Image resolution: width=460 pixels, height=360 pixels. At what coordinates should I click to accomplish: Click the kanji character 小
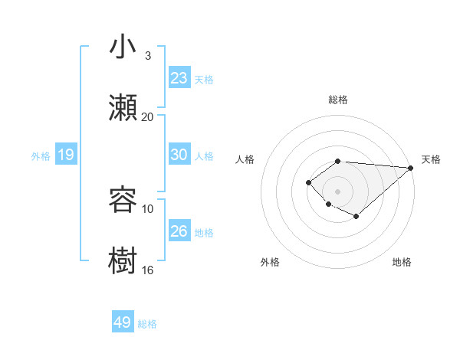click(123, 47)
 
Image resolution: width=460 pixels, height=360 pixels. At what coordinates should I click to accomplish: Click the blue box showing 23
click(179, 78)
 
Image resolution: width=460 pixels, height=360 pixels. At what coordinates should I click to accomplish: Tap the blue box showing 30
click(179, 155)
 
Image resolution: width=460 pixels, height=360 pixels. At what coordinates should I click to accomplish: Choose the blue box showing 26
click(179, 231)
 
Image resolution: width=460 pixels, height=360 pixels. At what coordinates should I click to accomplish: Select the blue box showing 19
click(65, 155)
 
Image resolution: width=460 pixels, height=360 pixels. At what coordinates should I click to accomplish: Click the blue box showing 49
click(123, 322)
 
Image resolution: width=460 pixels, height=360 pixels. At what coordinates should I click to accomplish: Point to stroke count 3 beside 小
click(147, 56)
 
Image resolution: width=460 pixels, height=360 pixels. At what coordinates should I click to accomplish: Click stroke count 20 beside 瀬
click(147, 116)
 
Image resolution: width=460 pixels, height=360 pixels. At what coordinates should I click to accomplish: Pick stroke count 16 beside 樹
click(147, 270)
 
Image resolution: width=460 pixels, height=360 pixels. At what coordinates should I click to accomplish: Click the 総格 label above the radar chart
click(337, 100)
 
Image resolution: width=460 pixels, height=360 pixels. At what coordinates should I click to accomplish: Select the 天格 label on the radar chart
click(431, 159)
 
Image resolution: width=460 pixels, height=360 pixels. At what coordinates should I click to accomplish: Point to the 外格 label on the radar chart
click(269, 262)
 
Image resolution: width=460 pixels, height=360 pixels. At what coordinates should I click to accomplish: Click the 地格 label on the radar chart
click(402, 262)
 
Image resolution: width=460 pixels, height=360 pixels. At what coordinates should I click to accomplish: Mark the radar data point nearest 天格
click(411, 168)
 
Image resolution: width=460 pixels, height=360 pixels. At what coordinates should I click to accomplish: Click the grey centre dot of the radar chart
click(337, 191)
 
